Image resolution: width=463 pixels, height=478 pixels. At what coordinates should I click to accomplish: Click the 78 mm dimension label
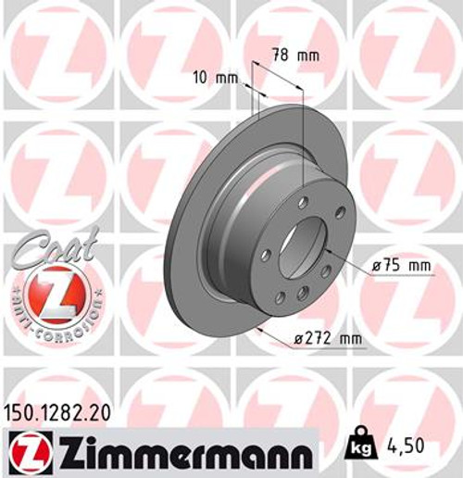point(294,56)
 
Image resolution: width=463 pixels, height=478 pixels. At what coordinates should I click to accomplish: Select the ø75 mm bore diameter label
point(402,267)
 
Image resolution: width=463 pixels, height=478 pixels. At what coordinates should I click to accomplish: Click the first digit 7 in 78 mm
point(277,56)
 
